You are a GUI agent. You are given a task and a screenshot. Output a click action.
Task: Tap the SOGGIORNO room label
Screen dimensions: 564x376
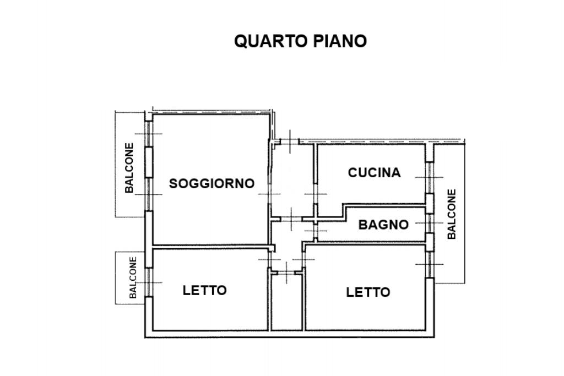(x=211, y=183)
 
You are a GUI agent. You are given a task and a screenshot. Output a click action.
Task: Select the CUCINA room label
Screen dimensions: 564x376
(x=374, y=173)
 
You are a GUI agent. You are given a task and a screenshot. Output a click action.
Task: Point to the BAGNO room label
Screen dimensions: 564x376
(x=383, y=225)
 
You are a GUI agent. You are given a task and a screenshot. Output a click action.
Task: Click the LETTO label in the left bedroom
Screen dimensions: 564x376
(x=204, y=290)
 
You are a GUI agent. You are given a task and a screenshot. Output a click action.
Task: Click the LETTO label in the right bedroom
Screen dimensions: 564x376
(x=368, y=292)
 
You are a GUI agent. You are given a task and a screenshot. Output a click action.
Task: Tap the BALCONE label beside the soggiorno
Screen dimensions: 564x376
(x=129, y=168)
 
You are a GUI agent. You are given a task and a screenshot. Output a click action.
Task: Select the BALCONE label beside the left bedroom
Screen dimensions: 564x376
(x=133, y=277)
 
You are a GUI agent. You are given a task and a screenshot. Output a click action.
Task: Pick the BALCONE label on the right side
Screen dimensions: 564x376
(x=452, y=214)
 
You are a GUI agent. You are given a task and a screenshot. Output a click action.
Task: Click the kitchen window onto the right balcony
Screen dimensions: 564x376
(x=429, y=177)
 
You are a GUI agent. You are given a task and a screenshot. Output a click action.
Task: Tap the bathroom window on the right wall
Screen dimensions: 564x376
(x=429, y=223)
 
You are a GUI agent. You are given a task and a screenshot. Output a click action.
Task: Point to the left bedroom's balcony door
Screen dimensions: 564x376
(x=148, y=282)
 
